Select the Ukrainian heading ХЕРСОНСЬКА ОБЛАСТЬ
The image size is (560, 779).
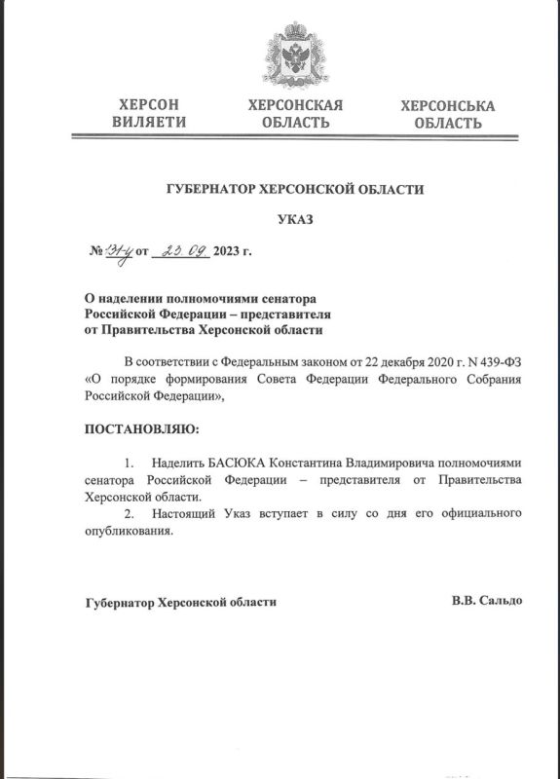click(447, 114)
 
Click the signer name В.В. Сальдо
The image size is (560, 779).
click(486, 601)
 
